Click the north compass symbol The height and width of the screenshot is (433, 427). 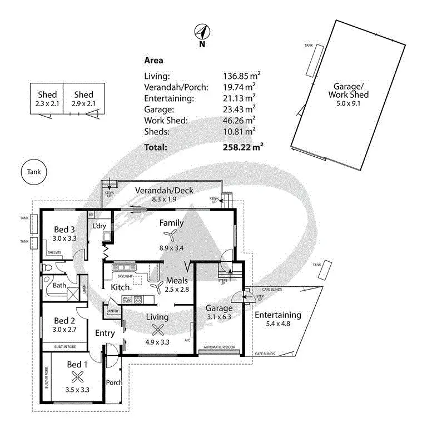[x=202, y=32]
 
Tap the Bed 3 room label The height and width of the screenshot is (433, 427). [x=64, y=229]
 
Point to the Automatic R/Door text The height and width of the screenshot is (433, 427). [x=220, y=347]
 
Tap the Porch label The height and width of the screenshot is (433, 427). [x=114, y=382]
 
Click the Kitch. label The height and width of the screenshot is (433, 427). [x=121, y=287]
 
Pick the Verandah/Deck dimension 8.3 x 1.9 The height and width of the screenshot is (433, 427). [x=164, y=199]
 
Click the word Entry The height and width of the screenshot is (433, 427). [x=105, y=334]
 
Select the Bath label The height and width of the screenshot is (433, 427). [x=59, y=286]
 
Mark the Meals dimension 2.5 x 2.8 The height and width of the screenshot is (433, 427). [x=176, y=289]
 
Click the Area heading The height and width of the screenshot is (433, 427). [x=153, y=61]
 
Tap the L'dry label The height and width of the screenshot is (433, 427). [x=100, y=226]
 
